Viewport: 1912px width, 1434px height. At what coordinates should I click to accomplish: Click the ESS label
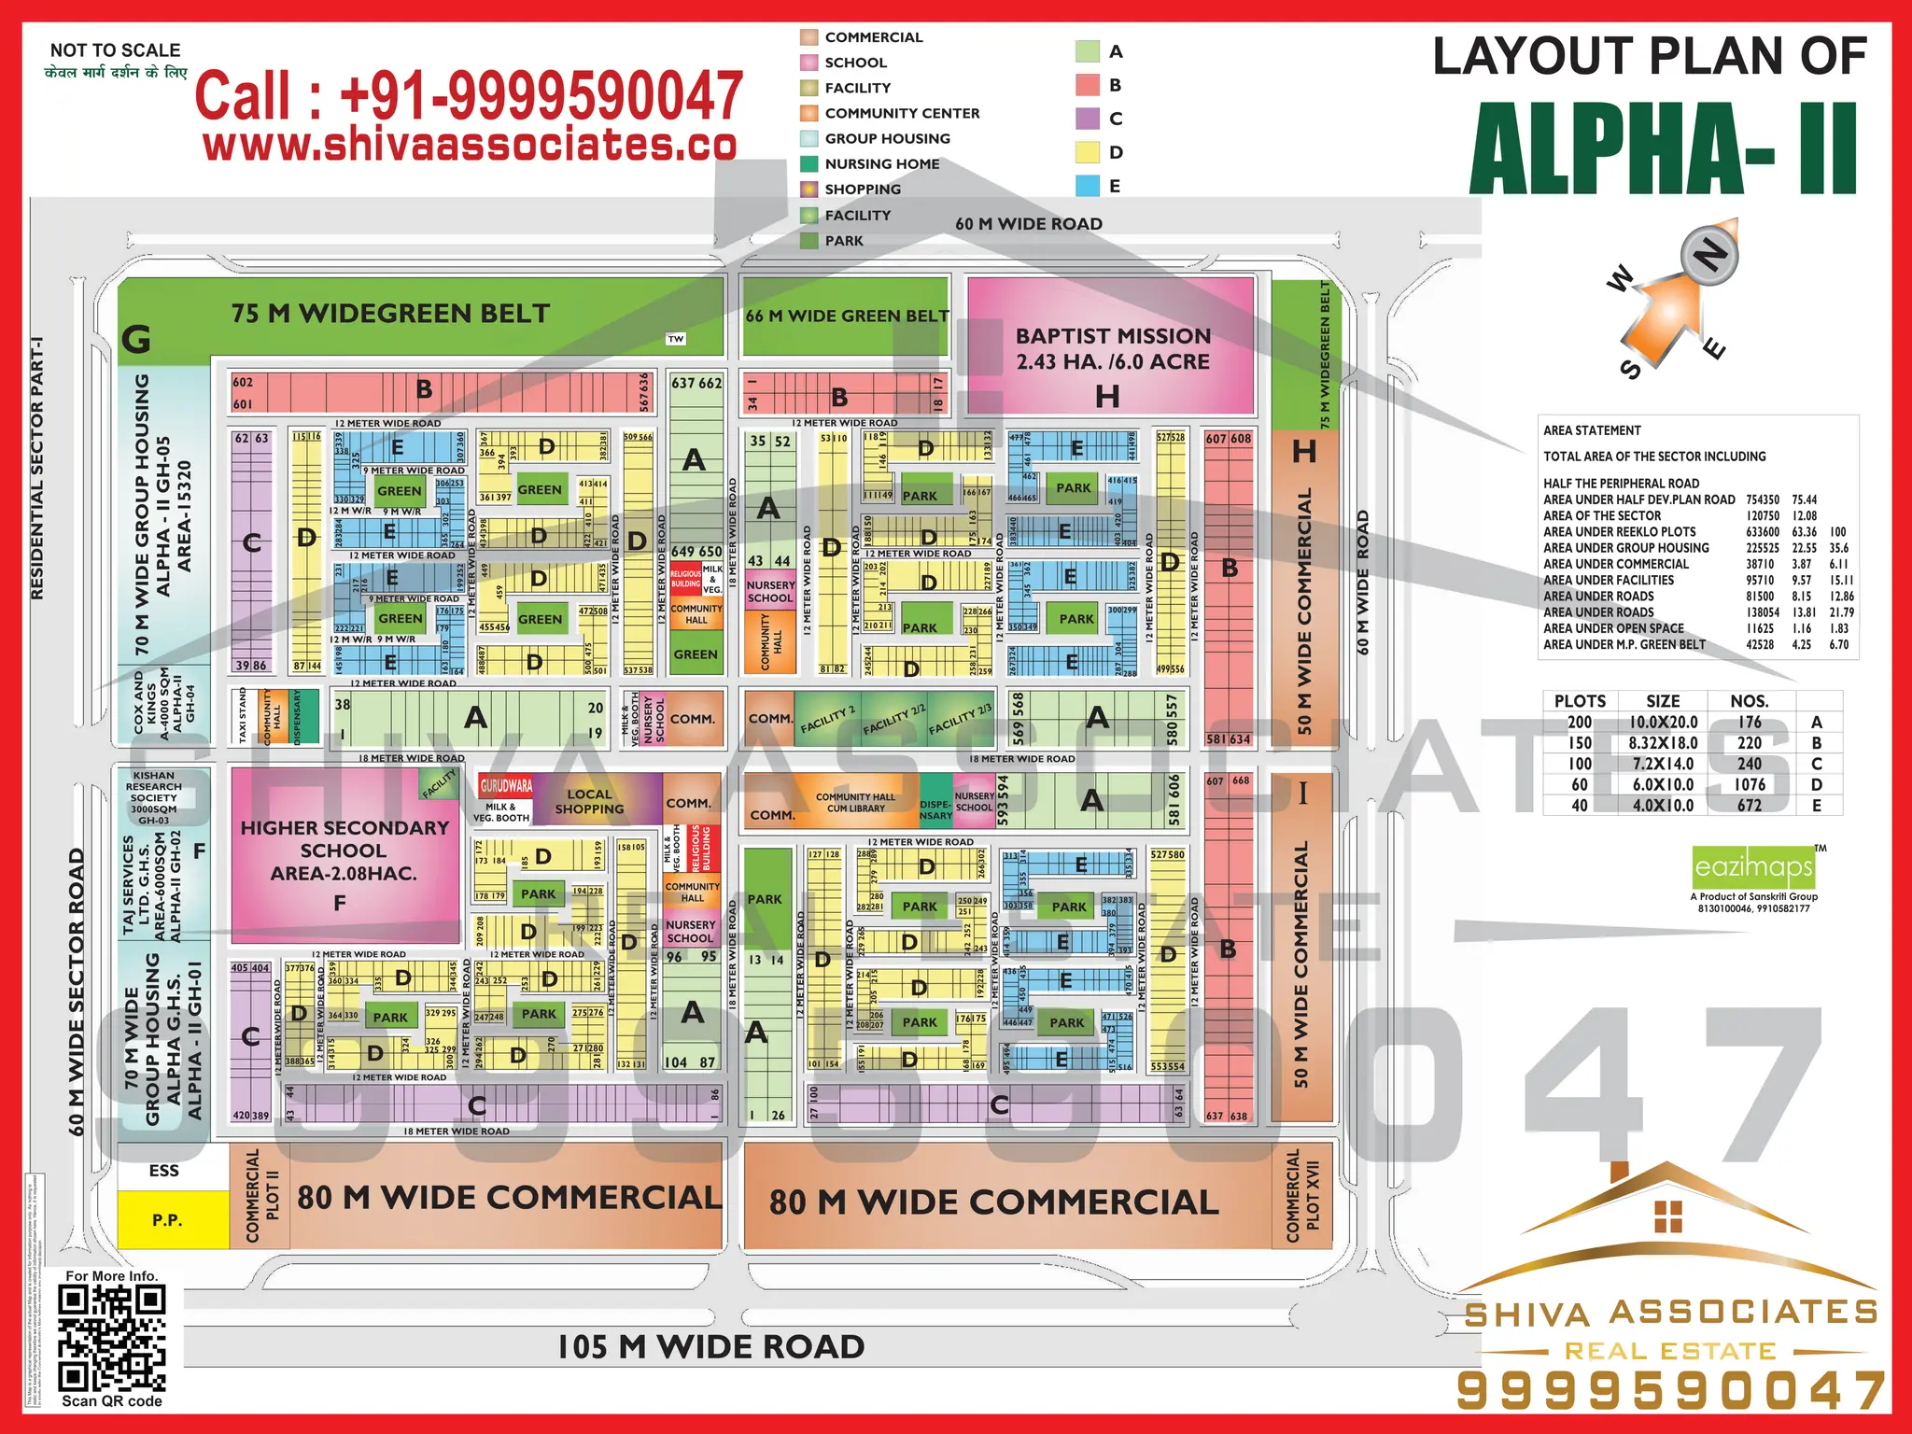coord(164,1171)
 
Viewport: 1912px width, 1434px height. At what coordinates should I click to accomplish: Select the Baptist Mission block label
coord(1112,348)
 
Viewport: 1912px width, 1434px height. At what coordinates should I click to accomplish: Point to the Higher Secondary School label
coord(344,851)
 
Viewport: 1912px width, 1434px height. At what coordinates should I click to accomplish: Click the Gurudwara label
coord(506,785)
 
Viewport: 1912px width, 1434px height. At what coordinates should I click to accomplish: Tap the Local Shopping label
coord(589,801)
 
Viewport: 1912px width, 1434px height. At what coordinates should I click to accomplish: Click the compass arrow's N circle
coord(1710,254)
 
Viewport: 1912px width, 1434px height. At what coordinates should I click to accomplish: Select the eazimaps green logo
coord(1753,867)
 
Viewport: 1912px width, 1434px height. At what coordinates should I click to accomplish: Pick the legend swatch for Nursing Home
coord(808,164)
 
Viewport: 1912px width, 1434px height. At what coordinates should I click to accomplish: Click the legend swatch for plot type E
coord(1087,186)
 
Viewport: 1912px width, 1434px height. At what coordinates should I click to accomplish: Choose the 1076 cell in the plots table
coord(1750,785)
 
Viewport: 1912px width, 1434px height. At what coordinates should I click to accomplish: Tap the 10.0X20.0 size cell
coord(1662,722)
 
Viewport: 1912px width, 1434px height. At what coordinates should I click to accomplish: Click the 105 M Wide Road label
coord(710,1347)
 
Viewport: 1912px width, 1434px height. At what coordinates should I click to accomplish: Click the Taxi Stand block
coord(243,717)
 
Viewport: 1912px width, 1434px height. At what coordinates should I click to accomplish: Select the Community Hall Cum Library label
coord(855,803)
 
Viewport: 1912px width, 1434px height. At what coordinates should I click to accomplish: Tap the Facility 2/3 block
coord(960,718)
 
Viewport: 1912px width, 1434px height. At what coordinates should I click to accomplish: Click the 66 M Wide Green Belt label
coord(846,316)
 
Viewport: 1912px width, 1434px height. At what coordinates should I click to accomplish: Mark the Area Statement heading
coord(1592,430)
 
